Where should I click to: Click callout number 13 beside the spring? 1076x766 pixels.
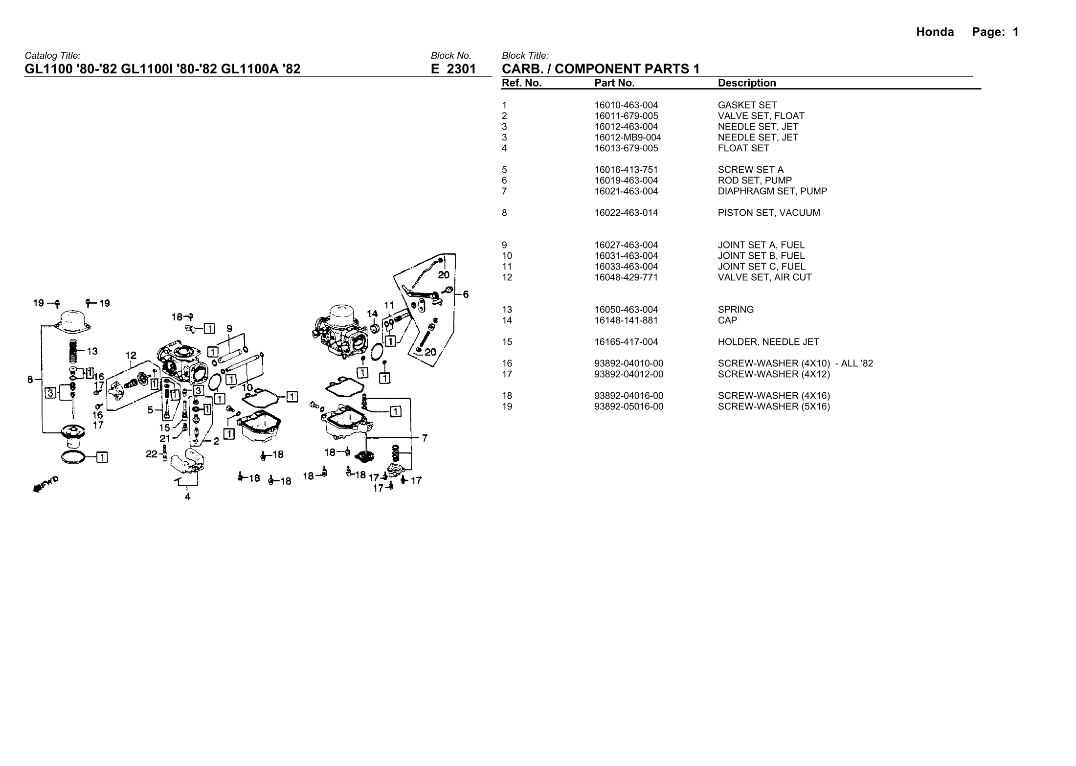[x=92, y=351]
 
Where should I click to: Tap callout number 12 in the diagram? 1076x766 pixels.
[x=131, y=356]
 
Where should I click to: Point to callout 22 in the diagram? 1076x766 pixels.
[x=152, y=454]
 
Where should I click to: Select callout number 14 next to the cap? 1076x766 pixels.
[x=372, y=314]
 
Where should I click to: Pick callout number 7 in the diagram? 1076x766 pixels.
[x=425, y=438]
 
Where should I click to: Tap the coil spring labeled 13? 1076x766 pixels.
[x=73, y=351]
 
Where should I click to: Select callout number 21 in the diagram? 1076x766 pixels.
[x=165, y=439]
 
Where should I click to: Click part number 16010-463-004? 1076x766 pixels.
[x=626, y=105]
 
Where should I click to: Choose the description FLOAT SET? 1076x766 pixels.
[x=743, y=148]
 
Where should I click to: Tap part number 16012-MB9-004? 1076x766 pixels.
[x=628, y=137]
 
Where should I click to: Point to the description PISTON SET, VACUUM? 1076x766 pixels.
[x=769, y=213]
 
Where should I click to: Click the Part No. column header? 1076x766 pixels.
[x=614, y=83]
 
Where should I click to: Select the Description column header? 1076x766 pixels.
[x=747, y=83]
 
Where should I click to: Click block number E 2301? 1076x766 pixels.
[x=453, y=69]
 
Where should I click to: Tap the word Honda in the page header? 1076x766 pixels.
[x=935, y=32]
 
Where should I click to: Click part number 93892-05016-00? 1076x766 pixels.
[x=629, y=406]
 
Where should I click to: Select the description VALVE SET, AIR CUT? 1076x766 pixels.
[x=764, y=277]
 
